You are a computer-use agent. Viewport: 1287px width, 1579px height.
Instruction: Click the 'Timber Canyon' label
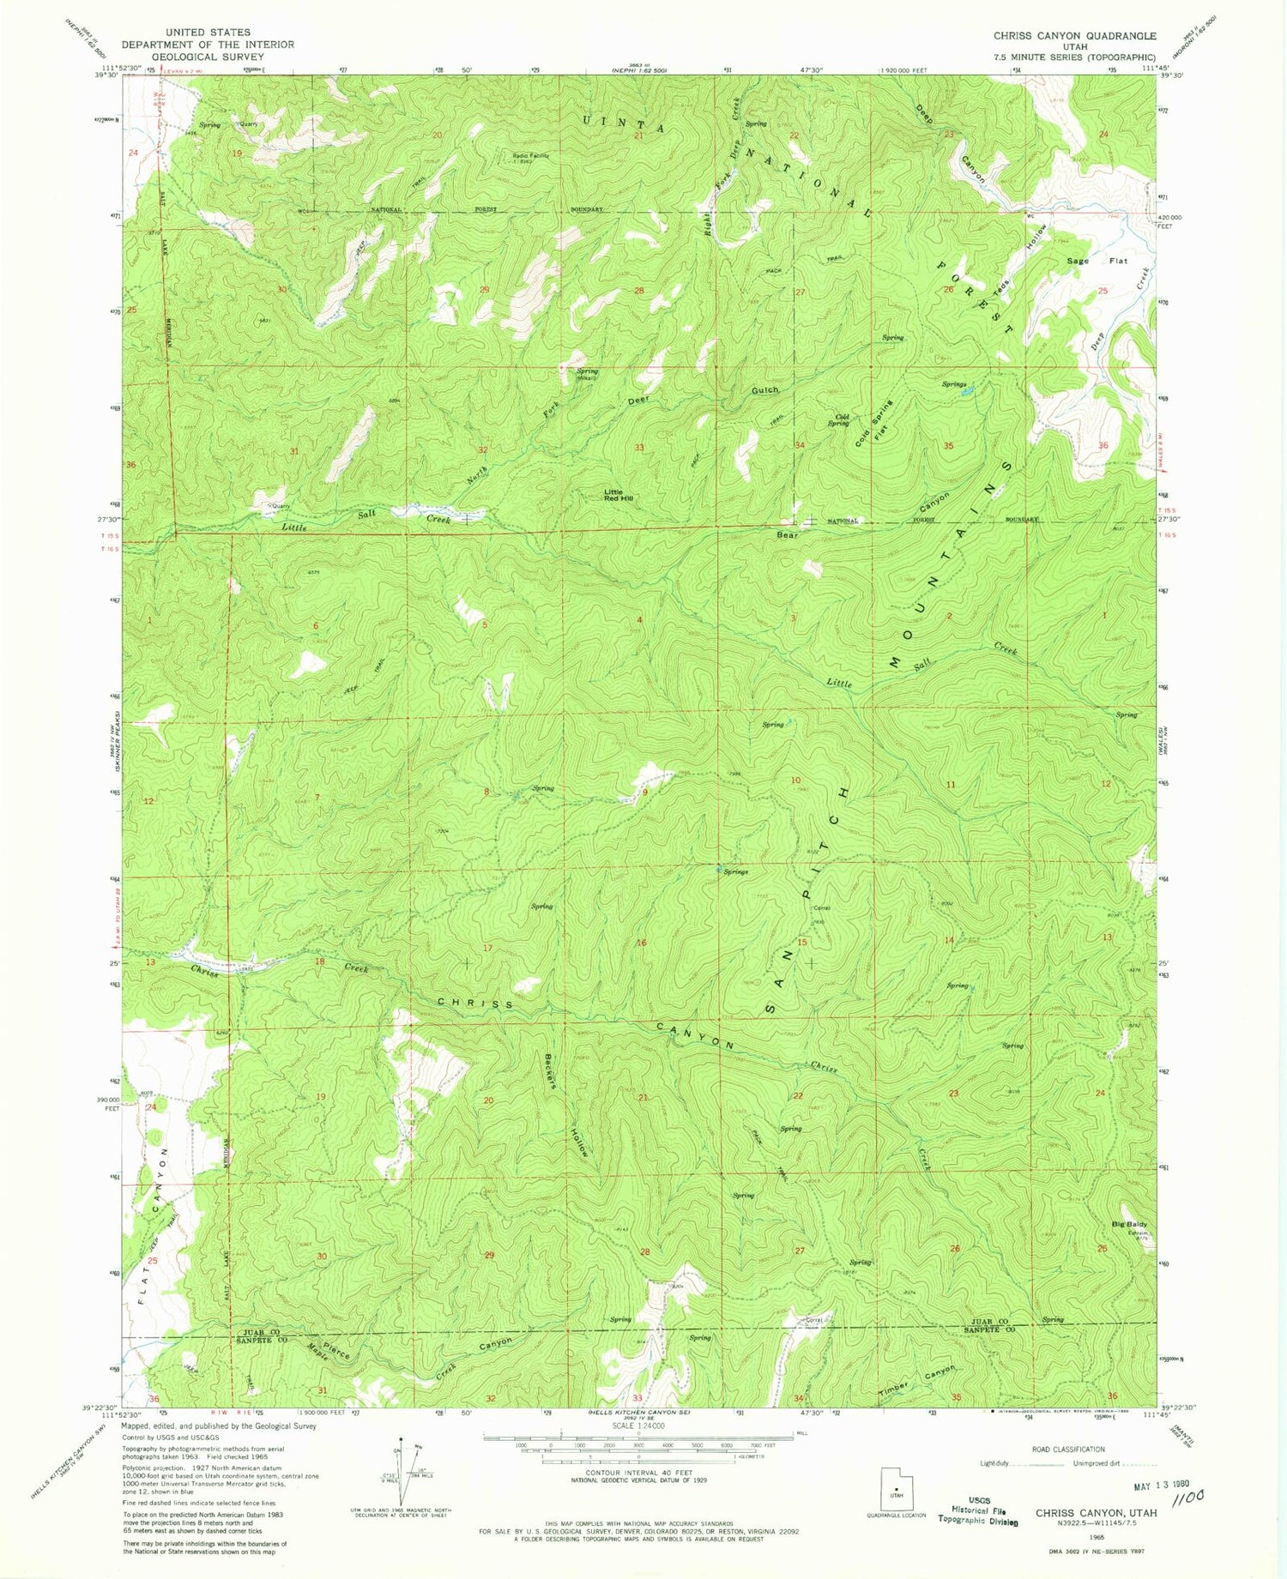(916, 1383)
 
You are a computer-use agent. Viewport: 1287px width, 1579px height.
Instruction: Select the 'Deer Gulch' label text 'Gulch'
(764, 390)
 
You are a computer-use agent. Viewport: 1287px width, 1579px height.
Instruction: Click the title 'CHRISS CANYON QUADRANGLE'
(1074, 36)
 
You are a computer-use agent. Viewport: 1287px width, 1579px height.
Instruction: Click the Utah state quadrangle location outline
(897, 1489)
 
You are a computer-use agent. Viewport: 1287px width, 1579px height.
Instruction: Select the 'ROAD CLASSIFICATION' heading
(1068, 1449)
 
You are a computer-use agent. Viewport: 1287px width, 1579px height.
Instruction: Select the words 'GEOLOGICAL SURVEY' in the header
(208, 56)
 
